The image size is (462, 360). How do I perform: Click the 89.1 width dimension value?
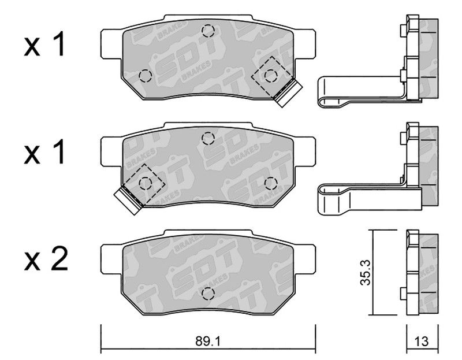[208, 342]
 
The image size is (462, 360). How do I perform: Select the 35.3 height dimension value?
[366, 272]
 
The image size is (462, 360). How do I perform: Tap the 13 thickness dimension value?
[422, 342]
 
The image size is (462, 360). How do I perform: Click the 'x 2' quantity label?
[46, 259]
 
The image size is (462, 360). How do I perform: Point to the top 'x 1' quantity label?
[44, 44]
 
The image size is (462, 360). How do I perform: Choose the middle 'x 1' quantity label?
[44, 152]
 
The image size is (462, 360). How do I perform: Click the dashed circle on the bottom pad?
[208, 294]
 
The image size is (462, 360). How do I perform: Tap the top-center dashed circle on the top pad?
[208, 31]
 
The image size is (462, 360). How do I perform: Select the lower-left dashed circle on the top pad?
[146, 76]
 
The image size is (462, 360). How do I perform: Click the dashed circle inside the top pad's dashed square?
[271, 76]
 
